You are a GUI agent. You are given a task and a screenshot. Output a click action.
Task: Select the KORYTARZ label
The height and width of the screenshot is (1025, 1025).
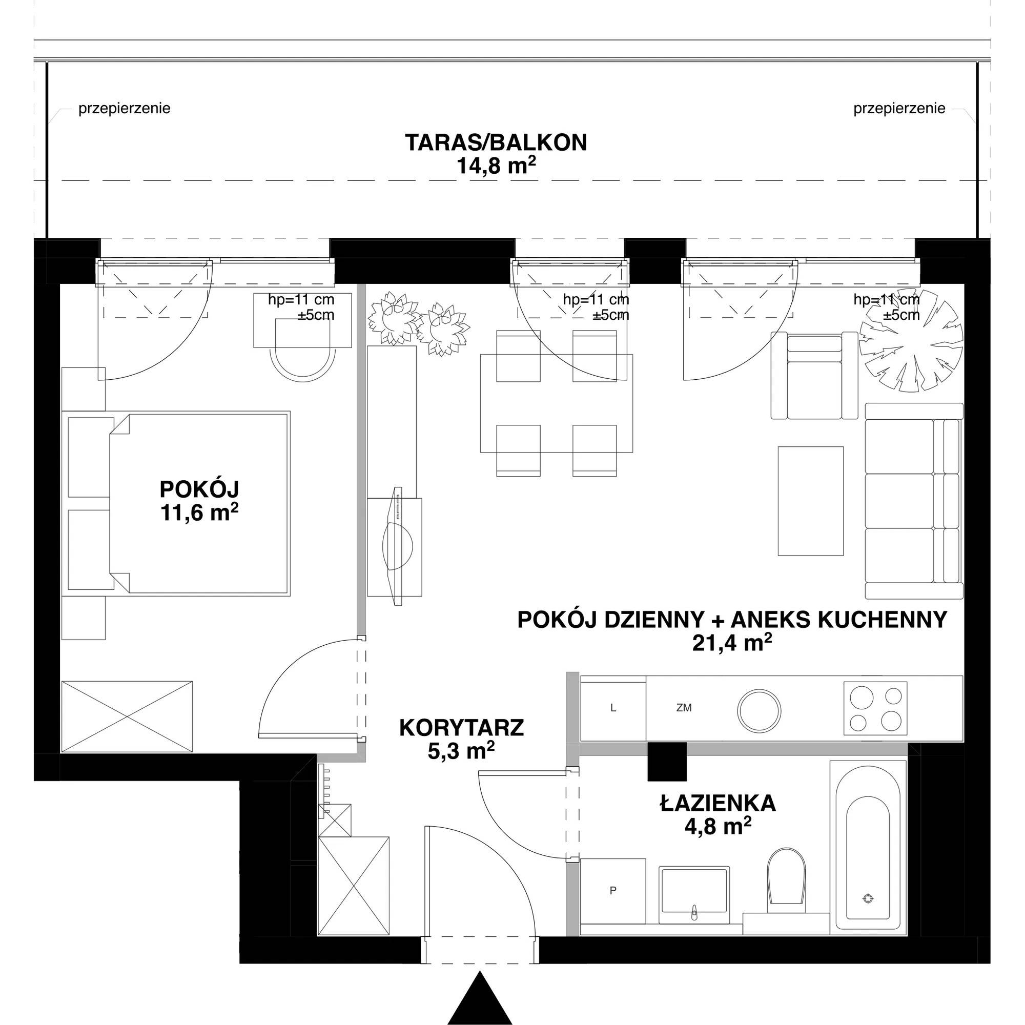(461, 727)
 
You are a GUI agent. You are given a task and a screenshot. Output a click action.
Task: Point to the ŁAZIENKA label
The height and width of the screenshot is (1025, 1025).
(718, 803)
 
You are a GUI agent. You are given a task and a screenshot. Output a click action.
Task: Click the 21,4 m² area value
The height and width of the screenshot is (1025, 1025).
(732, 643)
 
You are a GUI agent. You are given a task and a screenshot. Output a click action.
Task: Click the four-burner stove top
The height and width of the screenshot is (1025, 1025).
(875, 708)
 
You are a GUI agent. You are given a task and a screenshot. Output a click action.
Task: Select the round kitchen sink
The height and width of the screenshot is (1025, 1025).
(759, 710)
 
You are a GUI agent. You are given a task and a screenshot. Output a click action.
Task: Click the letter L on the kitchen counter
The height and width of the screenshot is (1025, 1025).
(613, 708)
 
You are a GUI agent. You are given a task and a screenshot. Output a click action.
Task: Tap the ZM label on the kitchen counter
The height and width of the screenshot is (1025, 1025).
(684, 708)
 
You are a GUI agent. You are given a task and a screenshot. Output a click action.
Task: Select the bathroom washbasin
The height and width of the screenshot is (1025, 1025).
(693, 895)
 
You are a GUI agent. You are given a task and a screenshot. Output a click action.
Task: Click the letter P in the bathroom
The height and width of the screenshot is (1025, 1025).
(613, 891)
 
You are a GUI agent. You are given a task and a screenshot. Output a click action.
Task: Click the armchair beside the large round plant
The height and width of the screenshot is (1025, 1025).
(814, 375)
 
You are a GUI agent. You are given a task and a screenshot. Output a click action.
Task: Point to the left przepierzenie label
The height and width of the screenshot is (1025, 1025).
(124, 109)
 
